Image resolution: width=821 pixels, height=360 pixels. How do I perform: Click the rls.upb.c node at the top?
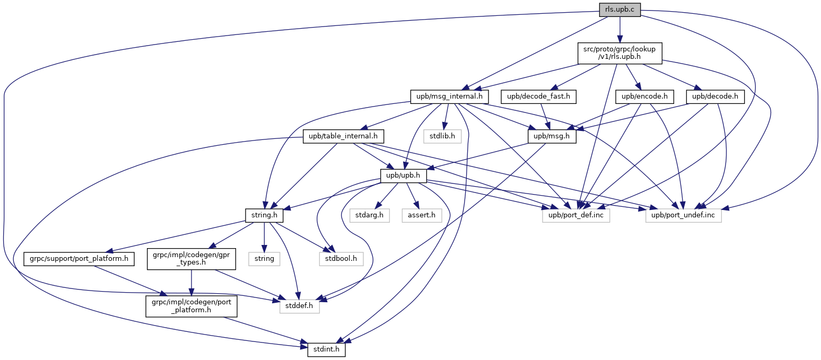[620, 10]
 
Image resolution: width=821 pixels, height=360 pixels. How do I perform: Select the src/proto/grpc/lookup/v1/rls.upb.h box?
[620, 53]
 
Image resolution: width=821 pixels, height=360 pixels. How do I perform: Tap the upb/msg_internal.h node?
[449, 96]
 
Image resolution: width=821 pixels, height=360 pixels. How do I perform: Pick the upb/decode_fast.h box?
[538, 96]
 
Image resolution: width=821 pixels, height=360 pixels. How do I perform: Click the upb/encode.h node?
[645, 96]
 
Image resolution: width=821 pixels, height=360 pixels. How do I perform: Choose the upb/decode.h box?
[715, 96]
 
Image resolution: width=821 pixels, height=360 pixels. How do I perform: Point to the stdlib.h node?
[442, 136]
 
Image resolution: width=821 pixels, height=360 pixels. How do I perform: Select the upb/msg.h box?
[552, 136]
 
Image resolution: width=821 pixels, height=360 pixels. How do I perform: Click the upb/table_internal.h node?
[343, 136]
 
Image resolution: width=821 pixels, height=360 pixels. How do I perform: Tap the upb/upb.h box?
[403, 176]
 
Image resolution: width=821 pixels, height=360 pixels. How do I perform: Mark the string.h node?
[264, 215]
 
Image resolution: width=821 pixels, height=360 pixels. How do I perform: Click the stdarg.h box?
[370, 215]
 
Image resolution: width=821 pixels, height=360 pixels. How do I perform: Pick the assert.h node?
[422, 215]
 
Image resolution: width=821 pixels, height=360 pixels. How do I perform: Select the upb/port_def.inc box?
[576, 215]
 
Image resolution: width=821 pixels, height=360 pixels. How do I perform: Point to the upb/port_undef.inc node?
[683, 215]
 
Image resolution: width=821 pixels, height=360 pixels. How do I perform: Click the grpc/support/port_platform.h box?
[79, 259]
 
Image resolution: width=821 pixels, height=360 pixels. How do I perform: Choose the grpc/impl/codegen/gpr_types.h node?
[191, 259]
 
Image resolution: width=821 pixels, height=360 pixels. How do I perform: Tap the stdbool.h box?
[341, 259]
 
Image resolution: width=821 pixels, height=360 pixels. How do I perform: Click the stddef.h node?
[300, 306]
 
